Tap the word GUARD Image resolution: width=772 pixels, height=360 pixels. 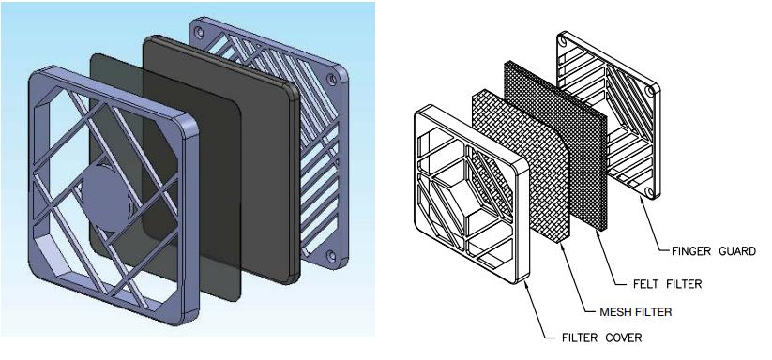click(737, 251)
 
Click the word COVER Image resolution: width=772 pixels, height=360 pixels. click(624, 337)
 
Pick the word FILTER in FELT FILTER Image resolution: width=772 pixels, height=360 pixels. click(685, 284)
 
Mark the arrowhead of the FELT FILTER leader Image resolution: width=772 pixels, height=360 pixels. click(598, 232)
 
